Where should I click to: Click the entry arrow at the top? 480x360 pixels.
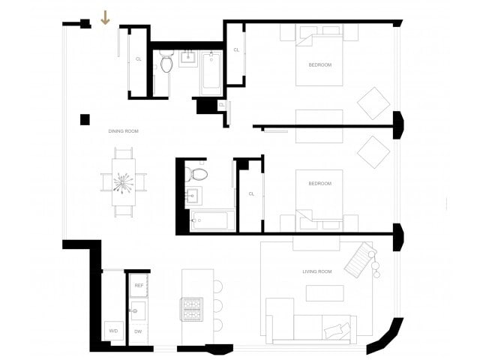pos(105,17)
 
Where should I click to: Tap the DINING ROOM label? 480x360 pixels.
pos(124,131)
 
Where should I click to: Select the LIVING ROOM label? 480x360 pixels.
pos(316,271)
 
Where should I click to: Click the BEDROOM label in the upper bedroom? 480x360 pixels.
pos(319,64)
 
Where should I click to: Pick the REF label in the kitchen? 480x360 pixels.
pos(139,285)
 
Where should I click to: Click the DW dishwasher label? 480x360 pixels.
pos(138,331)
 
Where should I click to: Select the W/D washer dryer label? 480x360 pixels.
pos(113,331)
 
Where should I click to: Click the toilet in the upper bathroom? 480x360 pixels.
pos(166,64)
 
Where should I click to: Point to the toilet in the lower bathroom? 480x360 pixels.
pos(199,175)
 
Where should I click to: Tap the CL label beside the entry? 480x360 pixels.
pos(139,58)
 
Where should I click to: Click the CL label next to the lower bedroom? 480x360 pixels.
pos(252,193)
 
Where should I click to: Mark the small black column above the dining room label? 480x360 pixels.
pos(85,118)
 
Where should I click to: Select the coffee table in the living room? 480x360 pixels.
pos(325,293)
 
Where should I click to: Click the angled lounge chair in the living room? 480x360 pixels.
pos(358,257)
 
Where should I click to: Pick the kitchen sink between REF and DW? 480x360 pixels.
pos(138,309)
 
